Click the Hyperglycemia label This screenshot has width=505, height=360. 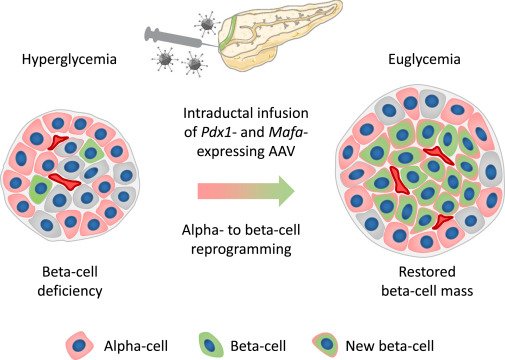tap(67, 62)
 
